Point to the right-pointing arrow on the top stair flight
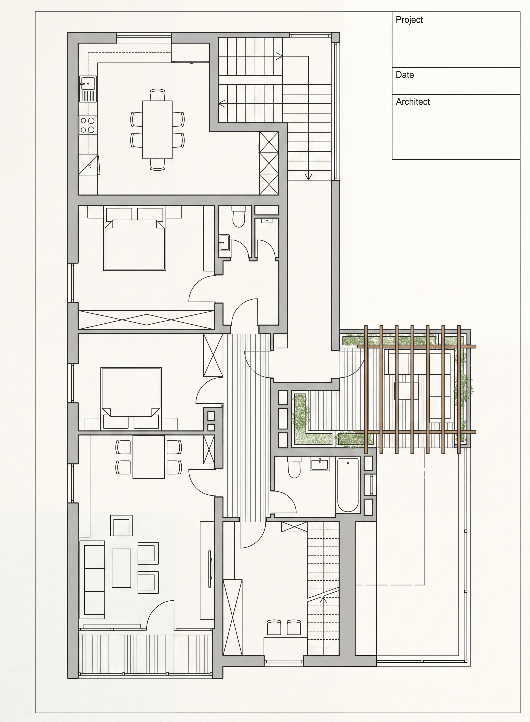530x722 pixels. coord(279,56)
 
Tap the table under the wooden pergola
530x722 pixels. coord(407,391)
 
